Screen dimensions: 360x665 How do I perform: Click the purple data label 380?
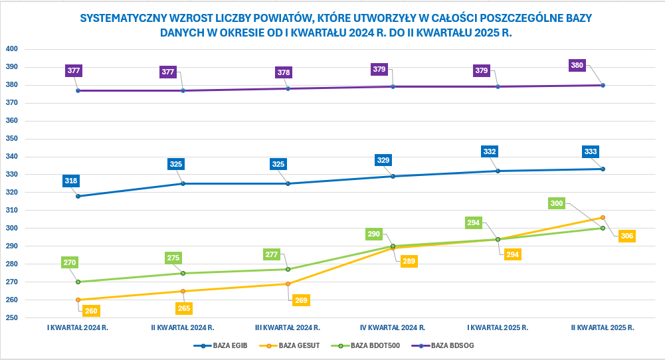click(x=577, y=65)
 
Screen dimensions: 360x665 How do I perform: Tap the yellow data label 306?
click(x=627, y=236)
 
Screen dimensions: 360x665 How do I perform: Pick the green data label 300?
click(x=557, y=203)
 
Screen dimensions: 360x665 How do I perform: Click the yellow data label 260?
click(x=91, y=310)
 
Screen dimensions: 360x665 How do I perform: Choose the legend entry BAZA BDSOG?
click(x=452, y=345)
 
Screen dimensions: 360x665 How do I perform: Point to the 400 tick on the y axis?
click(x=12, y=49)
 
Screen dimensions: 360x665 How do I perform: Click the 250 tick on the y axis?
click(x=12, y=317)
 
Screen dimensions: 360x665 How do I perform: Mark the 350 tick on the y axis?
click(x=12, y=139)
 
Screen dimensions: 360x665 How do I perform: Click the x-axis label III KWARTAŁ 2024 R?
click(x=288, y=328)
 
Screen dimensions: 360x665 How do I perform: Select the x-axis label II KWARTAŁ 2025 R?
click(x=603, y=328)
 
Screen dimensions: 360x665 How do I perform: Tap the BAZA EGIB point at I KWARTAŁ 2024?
click(x=78, y=196)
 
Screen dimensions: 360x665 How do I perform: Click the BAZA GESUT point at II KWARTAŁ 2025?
click(x=603, y=217)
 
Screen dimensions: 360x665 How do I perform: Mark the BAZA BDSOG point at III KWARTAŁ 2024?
click(x=288, y=88)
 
